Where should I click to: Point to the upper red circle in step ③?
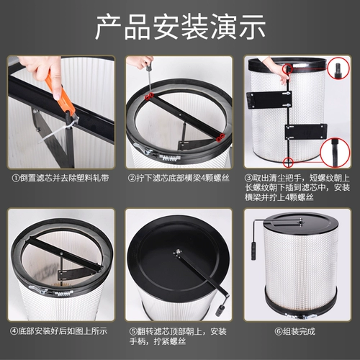coord(287,71)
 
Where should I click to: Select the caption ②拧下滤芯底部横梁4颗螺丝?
coord(180,177)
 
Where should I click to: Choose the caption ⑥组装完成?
coord(300,330)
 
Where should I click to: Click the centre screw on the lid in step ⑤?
coord(176,251)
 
